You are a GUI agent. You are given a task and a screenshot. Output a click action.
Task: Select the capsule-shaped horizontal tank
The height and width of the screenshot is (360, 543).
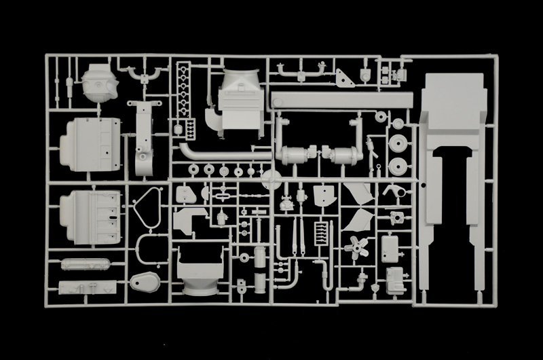point(85,263)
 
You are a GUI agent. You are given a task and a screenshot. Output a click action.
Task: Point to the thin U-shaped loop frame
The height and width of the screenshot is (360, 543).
point(145,248)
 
